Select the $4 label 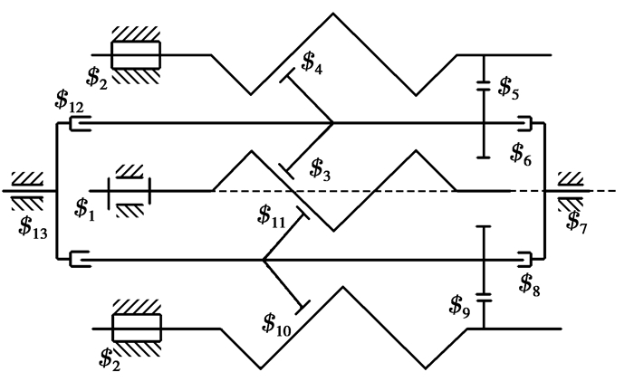[312, 63]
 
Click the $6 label [521, 151]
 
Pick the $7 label [575, 219]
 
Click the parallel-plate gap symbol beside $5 [483, 88]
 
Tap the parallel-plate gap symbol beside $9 [483, 295]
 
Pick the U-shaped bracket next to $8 [524, 261]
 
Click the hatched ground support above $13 [24, 177]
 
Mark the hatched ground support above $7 [572, 177]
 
